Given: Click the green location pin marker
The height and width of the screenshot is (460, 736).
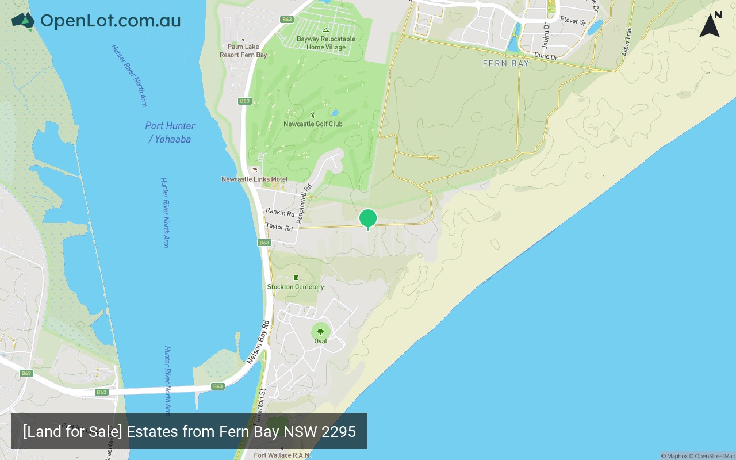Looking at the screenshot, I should (368, 218).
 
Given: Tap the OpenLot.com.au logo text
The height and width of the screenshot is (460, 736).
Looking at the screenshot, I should (110, 21).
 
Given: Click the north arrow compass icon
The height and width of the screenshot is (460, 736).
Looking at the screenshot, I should (710, 25).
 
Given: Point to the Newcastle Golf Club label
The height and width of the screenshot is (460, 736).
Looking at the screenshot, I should (313, 124).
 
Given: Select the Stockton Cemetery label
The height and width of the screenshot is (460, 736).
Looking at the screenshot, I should (296, 287).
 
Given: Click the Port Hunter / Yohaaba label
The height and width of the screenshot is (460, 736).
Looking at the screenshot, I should (170, 132).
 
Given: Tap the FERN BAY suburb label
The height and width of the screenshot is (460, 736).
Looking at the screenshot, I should (505, 63).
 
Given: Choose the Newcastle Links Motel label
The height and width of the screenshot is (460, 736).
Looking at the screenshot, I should (255, 179).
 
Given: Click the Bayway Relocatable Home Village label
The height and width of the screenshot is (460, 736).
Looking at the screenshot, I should (326, 43).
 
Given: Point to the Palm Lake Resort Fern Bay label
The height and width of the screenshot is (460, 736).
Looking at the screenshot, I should (243, 51).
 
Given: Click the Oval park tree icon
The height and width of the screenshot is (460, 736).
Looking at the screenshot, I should (320, 331).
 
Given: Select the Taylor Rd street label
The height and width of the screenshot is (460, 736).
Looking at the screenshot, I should (279, 227).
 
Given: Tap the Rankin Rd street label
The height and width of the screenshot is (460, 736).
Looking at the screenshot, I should (280, 213).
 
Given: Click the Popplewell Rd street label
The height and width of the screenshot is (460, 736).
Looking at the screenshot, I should (304, 204).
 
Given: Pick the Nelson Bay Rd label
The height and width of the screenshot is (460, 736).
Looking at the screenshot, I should (258, 342).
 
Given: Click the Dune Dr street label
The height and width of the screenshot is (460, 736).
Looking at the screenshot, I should (546, 56).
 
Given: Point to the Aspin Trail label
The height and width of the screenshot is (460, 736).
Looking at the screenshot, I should (627, 41).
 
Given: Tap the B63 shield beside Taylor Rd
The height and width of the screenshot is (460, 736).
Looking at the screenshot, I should (264, 243).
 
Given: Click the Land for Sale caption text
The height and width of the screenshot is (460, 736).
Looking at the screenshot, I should (189, 431).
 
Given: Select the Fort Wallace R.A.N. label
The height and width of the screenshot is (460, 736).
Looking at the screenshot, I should (282, 455).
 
